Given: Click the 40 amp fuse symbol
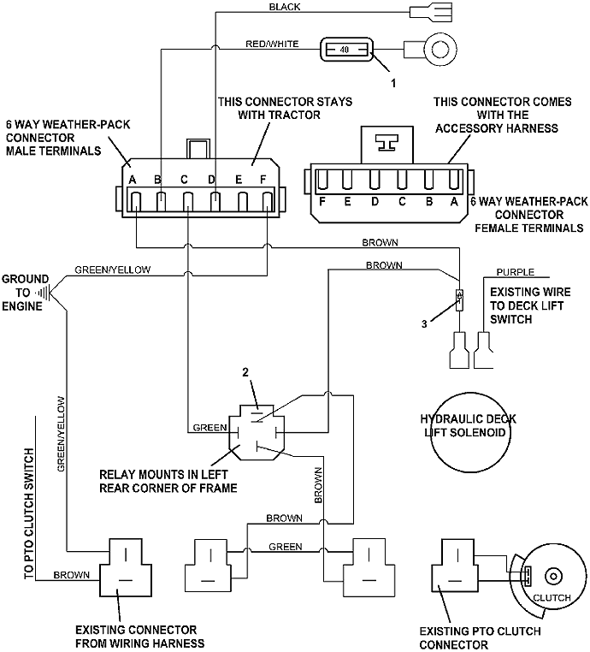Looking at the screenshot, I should (345, 50).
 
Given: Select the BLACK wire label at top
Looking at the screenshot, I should (286, 7).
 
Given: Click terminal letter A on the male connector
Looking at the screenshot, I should (133, 180).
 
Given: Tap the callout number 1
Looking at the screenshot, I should (392, 84).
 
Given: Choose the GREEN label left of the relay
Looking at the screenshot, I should (209, 427).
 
